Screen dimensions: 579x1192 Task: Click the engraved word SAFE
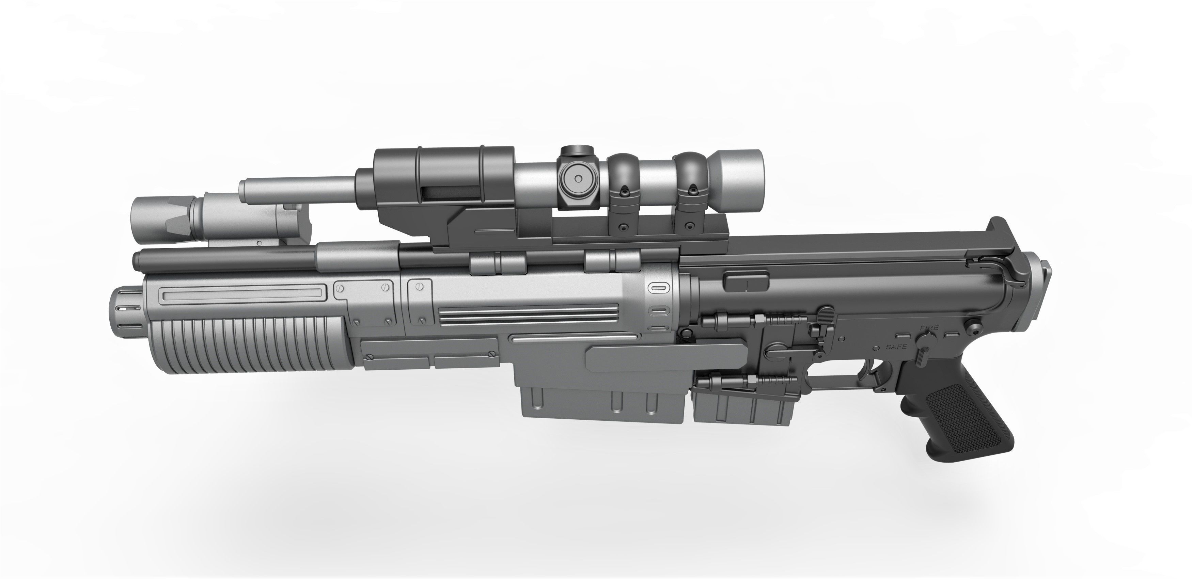pyautogui.click(x=897, y=347)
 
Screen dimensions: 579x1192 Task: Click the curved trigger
pyautogui.click(x=876, y=370)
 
